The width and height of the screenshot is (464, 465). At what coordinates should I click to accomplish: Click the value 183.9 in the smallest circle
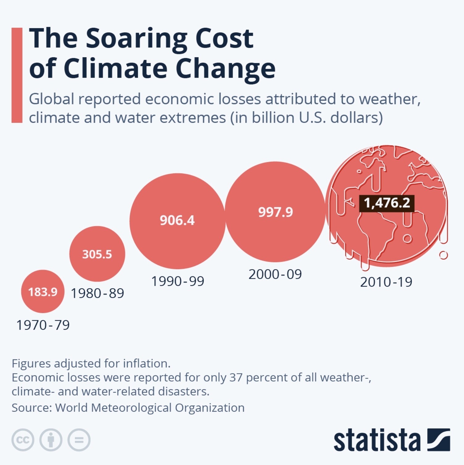tap(43, 292)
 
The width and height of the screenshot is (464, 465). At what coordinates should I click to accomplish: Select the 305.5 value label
tap(97, 254)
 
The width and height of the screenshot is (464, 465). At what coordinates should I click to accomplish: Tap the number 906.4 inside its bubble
tap(177, 220)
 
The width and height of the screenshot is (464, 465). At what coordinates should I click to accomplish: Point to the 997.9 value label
tap(275, 212)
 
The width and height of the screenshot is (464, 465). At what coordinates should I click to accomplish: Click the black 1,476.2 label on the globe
tap(387, 203)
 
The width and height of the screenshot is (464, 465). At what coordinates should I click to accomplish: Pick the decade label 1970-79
tap(43, 325)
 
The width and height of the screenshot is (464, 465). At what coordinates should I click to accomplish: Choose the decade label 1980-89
tap(97, 293)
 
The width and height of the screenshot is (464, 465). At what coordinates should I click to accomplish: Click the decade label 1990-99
tap(177, 281)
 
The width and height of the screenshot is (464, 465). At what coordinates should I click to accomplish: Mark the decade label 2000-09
tap(275, 274)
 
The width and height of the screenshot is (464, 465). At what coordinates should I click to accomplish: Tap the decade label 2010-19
tap(386, 282)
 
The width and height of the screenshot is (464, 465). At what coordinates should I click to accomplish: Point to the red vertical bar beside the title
tap(17, 75)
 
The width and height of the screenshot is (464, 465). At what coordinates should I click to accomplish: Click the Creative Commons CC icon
tap(23, 440)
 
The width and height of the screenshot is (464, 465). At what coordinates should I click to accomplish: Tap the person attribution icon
tap(51, 440)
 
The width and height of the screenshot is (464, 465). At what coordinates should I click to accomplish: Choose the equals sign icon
tap(79, 440)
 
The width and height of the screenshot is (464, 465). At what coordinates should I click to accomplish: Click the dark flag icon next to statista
tap(438, 439)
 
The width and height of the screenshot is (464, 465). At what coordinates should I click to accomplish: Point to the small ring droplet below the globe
tap(443, 255)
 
